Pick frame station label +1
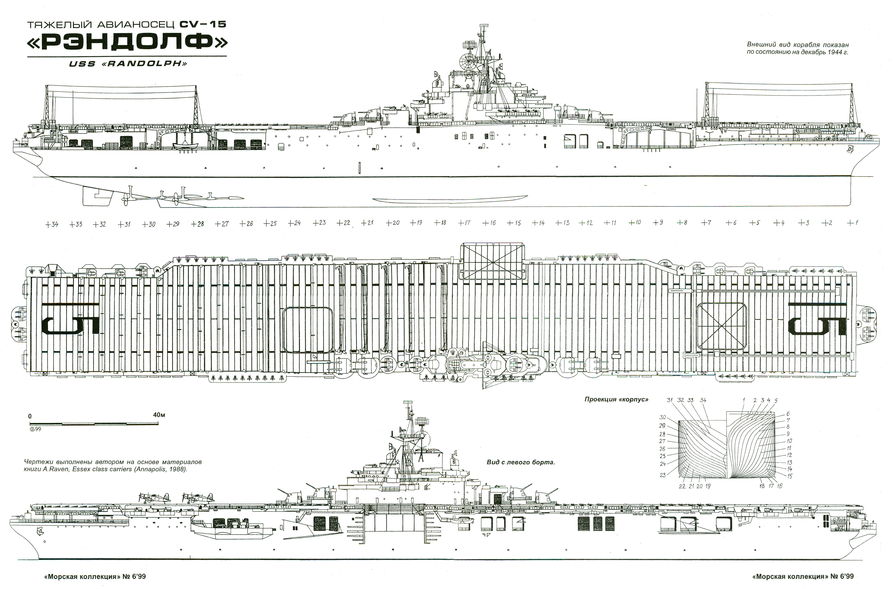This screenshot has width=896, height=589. pos(852,223)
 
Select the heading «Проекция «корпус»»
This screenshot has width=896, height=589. pos(616,399)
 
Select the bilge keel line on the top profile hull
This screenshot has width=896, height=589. pos(450,200)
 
